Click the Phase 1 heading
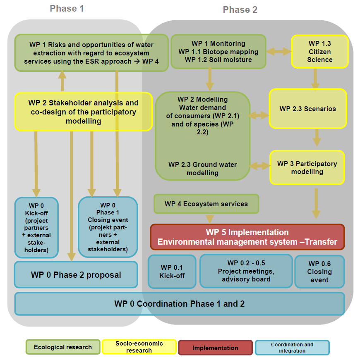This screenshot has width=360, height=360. [67, 8]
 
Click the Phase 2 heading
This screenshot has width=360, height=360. [240, 10]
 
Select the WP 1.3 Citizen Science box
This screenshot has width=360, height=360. [319, 51]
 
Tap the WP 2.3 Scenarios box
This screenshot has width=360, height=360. [307, 109]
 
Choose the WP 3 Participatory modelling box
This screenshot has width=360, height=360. [307, 167]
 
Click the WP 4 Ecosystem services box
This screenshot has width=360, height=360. [206, 204]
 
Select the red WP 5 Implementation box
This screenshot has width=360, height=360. [247, 237]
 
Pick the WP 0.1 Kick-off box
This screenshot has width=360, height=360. [172, 272]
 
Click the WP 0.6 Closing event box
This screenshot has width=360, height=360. [319, 272]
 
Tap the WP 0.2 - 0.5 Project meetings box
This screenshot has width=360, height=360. [246, 271]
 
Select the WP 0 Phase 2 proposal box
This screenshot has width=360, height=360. [76, 275]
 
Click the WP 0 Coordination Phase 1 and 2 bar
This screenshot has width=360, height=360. [179, 304]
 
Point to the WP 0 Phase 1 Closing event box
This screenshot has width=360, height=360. [108, 227]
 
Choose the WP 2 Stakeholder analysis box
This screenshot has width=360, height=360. [84, 112]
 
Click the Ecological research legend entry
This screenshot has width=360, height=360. [63, 347]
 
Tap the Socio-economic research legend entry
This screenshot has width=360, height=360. [139, 347]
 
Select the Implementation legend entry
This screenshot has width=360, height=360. [215, 348]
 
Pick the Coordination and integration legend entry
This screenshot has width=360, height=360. [292, 348]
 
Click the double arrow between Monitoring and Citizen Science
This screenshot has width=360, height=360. [278, 52]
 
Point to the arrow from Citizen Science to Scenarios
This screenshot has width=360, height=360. [315, 79]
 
